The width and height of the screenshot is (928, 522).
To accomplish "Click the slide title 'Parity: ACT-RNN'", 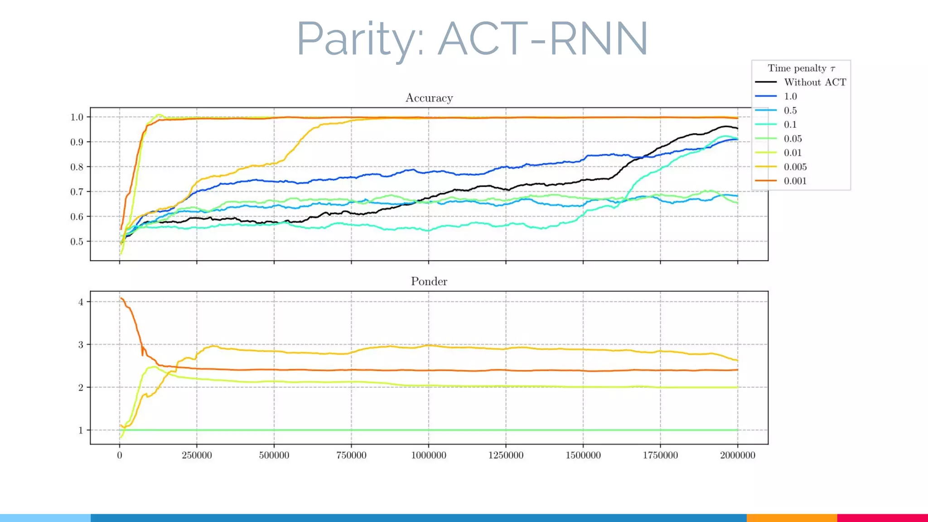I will pyautogui.click(x=472, y=40).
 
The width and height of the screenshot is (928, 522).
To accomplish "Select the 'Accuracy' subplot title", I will pyautogui.click(x=429, y=98).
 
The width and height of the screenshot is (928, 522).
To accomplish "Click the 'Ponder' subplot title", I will pyautogui.click(x=429, y=281).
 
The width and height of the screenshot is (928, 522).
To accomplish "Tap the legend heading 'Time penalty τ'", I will pyautogui.click(x=801, y=68).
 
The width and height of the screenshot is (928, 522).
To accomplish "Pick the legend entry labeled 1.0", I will pyautogui.click(x=790, y=96).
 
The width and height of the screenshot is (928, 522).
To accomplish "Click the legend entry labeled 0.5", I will pyautogui.click(x=790, y=111).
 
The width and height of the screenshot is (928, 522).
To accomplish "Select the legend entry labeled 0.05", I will pyautogui.click(x=793, y=139).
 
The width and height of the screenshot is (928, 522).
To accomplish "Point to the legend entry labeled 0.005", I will pyautogui.click(x=795, y=167).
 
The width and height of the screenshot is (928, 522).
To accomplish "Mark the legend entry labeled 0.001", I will pyautogui.click(x=795, y=181).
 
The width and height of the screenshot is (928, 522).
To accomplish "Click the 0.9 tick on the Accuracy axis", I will pyautogui.click(x=77, y=142).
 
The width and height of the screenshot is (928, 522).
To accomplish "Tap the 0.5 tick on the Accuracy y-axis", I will pyautogui.click(x=77, y=242).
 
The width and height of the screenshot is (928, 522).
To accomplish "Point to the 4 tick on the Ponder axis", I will pyautogui.click(x=81, y=302).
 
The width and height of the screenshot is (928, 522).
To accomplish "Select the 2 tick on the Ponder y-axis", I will pyautogui.click(x=81, y=388).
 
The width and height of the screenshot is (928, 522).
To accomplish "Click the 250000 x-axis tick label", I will pyautogui.click(x=197, y=455).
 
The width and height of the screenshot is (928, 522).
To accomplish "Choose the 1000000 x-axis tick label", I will pyautogui.click(x=428, y=455).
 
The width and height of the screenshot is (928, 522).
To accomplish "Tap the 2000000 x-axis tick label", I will pyautogui.click(x=737, y=455).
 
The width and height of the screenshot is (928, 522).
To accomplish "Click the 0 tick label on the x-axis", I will pyautogui.click(x=120, y=455).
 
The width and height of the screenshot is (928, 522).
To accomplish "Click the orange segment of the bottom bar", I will pyautogui.click(x=791, y=517).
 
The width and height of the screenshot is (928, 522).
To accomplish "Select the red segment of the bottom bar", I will pyautogui.click(x=882, y=517).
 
